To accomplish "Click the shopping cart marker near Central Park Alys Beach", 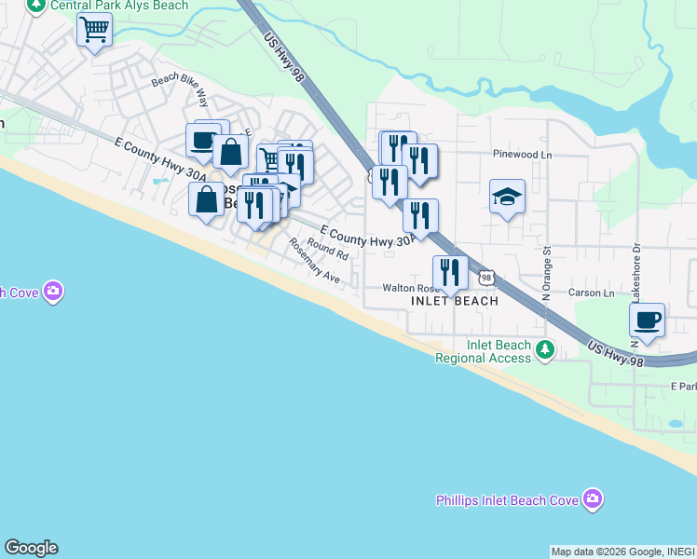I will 94,31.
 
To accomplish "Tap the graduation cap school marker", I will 507,198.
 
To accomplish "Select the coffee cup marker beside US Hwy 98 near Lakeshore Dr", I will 646,321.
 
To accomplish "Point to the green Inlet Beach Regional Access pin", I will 545,351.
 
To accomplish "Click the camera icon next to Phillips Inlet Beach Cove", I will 593,500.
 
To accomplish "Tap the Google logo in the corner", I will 31,548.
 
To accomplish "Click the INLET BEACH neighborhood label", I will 455,301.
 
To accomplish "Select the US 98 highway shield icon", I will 485,277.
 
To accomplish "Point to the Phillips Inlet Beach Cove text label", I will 508,500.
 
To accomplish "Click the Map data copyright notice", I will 622,552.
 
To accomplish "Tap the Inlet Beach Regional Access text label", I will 484,352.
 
